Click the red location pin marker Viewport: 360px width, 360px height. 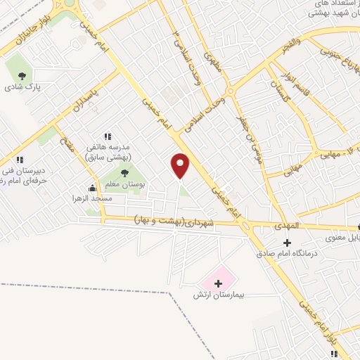point(181,165)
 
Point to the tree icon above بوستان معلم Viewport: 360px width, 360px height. point(124,173)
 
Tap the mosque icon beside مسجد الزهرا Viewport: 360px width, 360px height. point(92,188)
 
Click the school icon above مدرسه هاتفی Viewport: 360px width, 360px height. point(108,136)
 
